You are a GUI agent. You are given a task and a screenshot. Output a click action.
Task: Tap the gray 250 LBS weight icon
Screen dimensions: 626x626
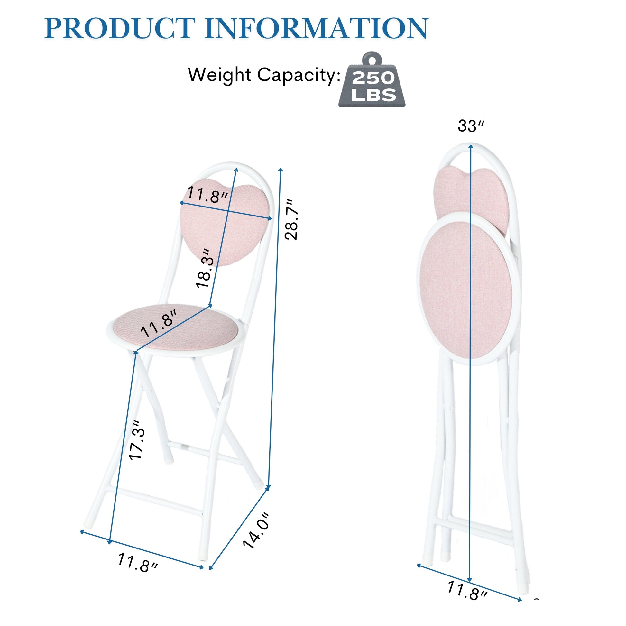[372, 79]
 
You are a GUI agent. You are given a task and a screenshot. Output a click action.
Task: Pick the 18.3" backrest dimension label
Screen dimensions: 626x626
[205, 268]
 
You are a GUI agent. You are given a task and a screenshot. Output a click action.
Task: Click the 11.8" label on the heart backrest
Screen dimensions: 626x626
[208, 195]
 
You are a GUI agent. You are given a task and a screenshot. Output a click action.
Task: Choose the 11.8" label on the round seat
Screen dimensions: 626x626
[159, 323]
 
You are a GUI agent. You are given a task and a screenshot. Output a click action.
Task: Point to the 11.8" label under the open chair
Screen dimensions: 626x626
[138, 563]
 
